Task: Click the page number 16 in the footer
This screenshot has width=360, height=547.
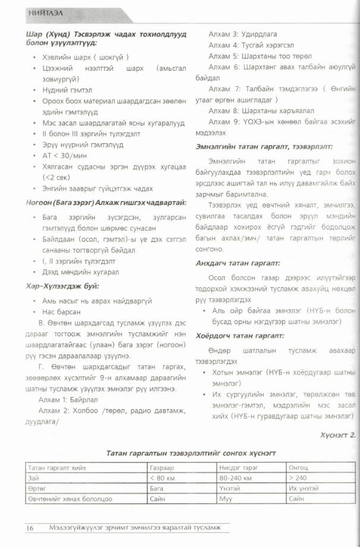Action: click(30, 527)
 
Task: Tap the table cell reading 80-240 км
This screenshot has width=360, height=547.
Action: click(235, 477)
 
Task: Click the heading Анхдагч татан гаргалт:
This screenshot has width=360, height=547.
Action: click(238, 263)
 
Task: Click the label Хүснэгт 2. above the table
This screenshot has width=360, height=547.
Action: click(336, 435)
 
